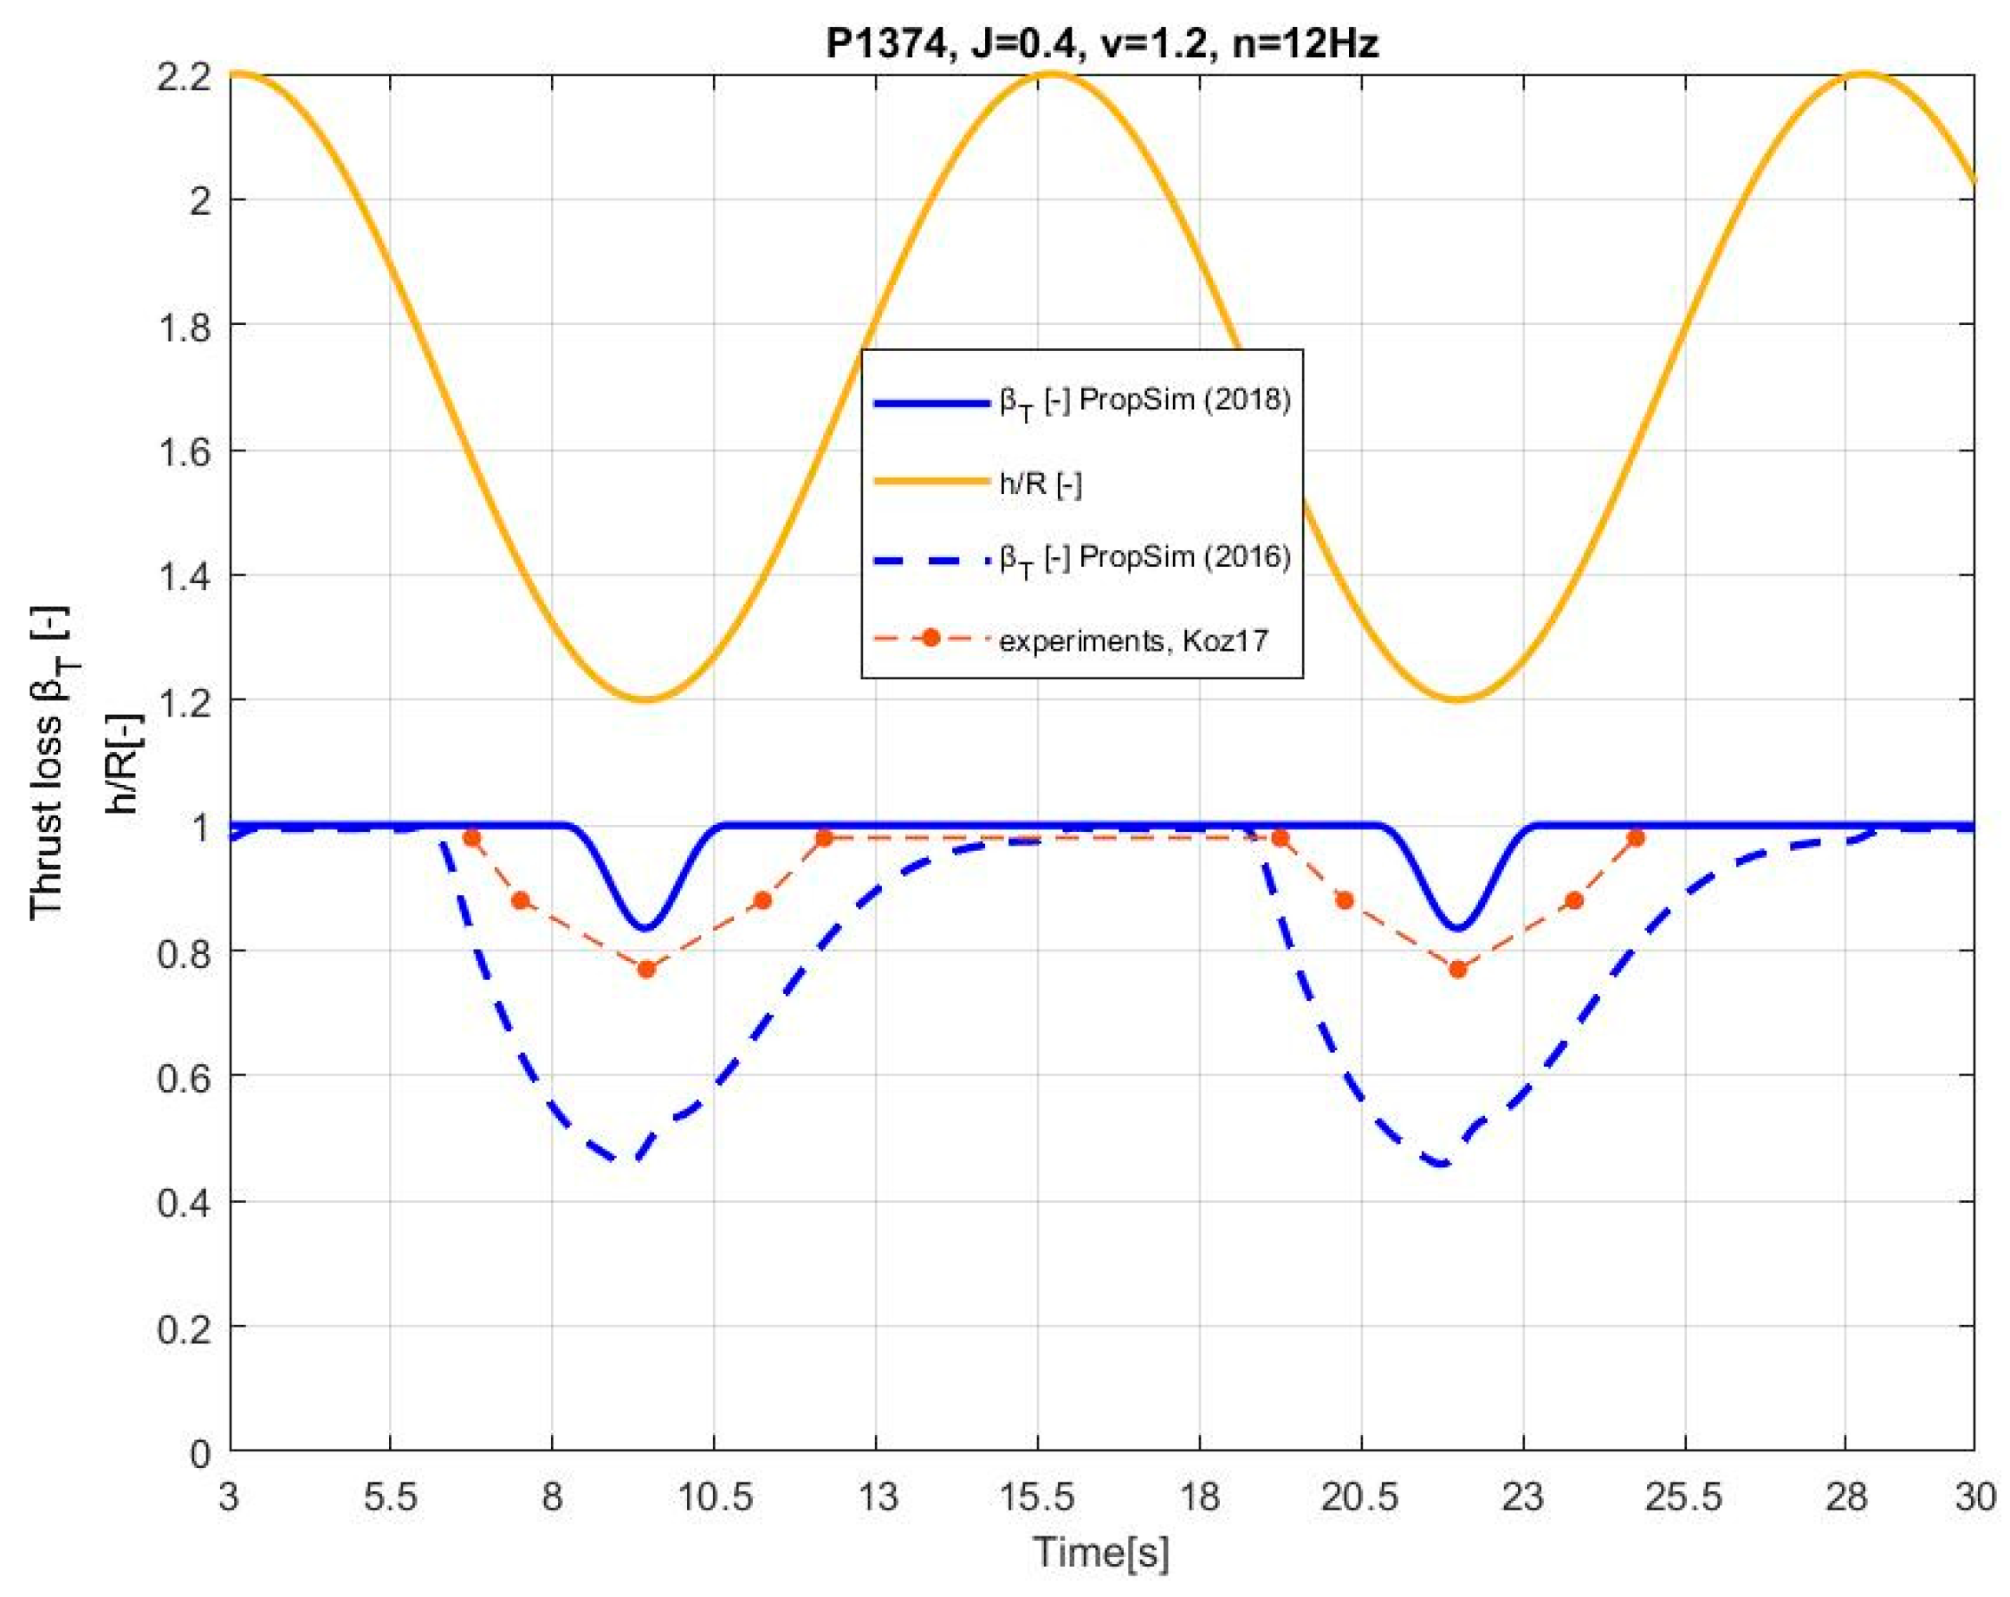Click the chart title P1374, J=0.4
tap(1101, 44)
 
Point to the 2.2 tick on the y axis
tap(185, 75)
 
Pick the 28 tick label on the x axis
tap(1846, 1498)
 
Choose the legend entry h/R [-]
tap(1041, 483)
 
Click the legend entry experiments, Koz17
tap(1133, 640)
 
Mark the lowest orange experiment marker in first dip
tap(646, 970)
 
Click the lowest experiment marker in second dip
tap(1458, 970)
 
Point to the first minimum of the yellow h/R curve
tap(646, 700)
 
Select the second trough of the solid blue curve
tap(1458, 929)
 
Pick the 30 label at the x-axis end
tap(1973, 1498)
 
